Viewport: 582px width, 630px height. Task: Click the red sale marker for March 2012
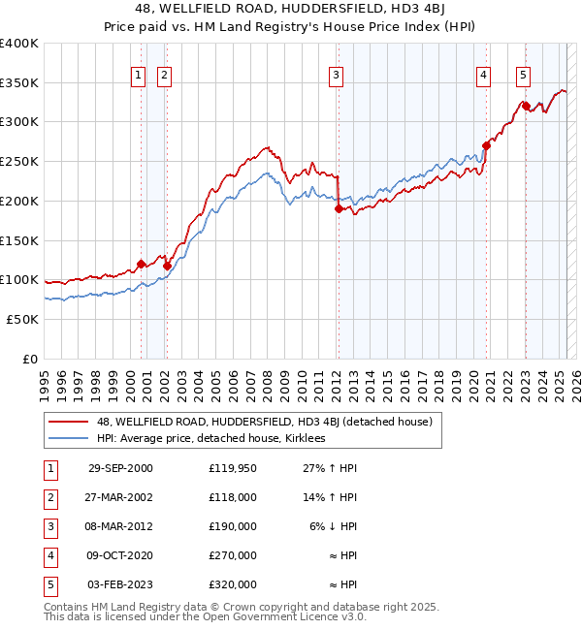tap(339, 208)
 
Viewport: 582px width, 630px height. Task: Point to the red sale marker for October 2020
tap(486, 145)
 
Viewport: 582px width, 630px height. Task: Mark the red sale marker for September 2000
tap(142, 264)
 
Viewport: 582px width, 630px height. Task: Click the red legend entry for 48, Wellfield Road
tap(270, 421)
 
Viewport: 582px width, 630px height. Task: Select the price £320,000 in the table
tap(232, 584)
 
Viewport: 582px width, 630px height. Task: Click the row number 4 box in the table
tap(48, 555)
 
